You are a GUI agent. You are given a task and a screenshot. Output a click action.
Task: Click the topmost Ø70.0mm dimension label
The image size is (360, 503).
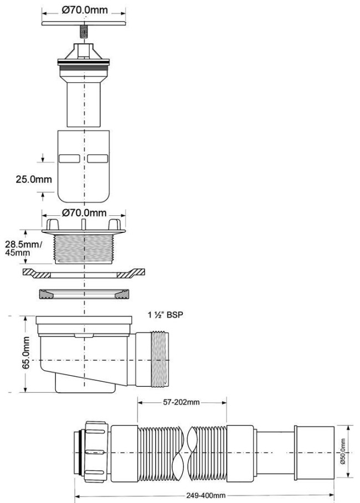[84, 9]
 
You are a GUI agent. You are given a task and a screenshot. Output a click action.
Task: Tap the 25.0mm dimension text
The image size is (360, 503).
[34, 179]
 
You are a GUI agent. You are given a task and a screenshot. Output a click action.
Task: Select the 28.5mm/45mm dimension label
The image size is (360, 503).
[23, 248]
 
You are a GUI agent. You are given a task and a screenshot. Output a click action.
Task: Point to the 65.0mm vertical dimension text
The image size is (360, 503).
[25, 352]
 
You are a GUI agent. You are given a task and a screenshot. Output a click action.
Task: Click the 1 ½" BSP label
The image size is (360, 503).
[165, 315]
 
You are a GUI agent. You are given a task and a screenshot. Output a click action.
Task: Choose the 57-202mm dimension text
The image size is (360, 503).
[181, 402]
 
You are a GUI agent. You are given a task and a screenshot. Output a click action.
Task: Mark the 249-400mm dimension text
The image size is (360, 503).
[206, 496]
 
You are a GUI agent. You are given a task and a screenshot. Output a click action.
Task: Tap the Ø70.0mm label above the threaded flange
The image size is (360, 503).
[84, 212]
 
